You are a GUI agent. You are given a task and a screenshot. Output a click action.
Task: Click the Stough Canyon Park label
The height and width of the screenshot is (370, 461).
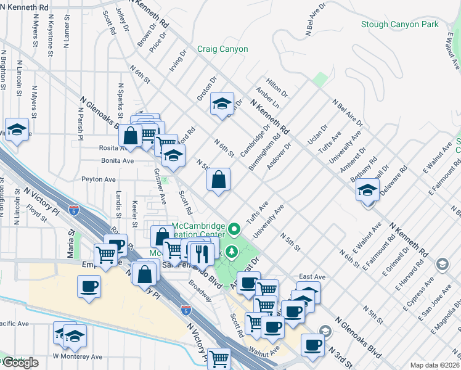point(400,25)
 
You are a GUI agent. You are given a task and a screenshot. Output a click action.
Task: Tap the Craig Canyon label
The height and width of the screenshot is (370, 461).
point(222,49)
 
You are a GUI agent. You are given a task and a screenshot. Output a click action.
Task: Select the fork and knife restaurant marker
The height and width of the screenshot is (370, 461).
point(201,252)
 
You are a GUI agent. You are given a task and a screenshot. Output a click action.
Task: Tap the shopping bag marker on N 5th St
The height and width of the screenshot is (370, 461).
point(218,180)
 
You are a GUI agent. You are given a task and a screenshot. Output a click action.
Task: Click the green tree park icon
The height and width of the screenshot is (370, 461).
point(232,251)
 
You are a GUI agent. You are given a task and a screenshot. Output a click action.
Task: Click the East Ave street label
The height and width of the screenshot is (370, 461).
point(311,277)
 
